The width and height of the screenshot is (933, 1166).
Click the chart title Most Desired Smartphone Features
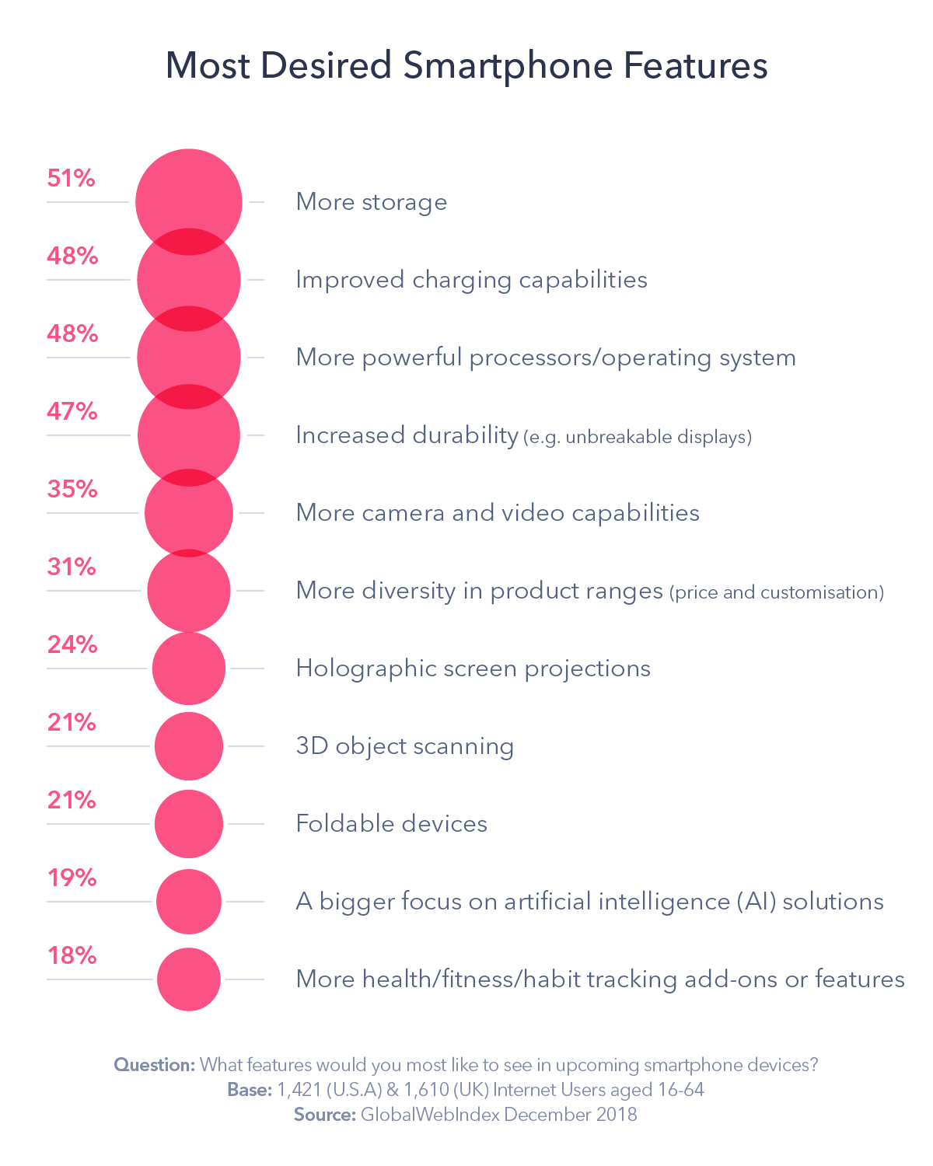pyautogui.click(x=466, y=65)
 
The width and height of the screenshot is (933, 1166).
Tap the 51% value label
pyautogui.click(x=71, y=178)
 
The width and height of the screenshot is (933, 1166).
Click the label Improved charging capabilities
pyautogui.click(x=471, y=280)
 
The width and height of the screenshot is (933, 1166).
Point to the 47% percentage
pyautogui.click(x=72, y=411)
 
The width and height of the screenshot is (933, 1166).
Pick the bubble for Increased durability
pyautogui.click(x=189, y=435)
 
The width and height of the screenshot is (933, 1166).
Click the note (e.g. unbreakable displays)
pyautogui.click(x=638, y=437)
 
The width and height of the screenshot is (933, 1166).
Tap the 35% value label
pyautogui.click(x=72, y=489)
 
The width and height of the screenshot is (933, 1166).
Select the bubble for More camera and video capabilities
pyautogui.click(x=189, y=513)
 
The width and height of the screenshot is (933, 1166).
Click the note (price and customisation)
pyautogui.click(x=776, y=592)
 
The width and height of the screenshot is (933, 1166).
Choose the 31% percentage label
pyautogui.click(x=72, y=567)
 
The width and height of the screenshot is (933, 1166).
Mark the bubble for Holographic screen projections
pyautogui.click(x=189, y=669)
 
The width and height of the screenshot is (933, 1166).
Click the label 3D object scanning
pyautogui.click(x=404, y=746)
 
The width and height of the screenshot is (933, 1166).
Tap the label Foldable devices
pyautogui.click(x=391, y=824)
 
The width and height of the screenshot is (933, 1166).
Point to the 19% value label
pyautogui.click(x=72, y=878)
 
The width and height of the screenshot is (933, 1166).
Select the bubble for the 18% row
pyautogui.click(x=189, y=979)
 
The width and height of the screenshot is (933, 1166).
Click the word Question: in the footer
pyautogui.click(x=154, y=1065)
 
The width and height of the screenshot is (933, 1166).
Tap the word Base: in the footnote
pyautogui.click(x=249, y=1090)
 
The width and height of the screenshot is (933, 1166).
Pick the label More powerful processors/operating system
pyautogui.click(x=546, y=358)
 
